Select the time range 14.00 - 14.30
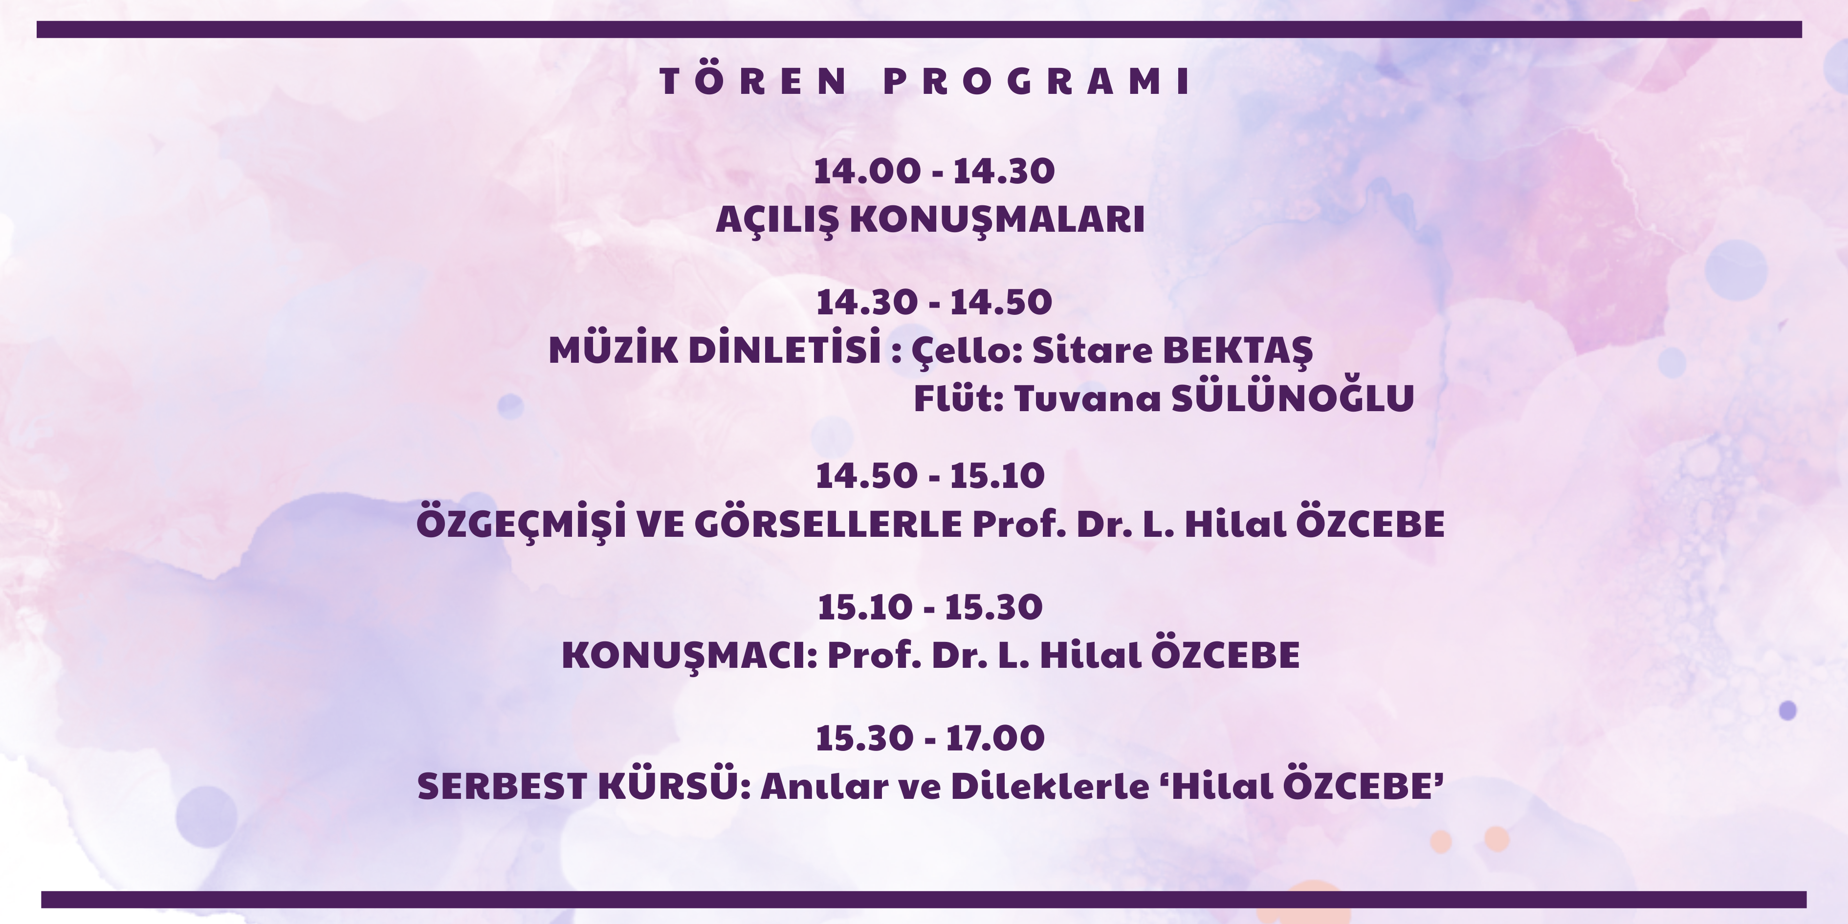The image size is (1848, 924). point(934,171)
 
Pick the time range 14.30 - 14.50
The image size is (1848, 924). point(934,302)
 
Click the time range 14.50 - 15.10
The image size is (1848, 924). point(930,476)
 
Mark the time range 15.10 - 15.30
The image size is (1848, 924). point(930,607)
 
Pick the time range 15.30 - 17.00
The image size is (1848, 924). point(930,738)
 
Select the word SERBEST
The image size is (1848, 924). point(502,786)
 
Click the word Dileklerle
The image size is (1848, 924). point(1050,786)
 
